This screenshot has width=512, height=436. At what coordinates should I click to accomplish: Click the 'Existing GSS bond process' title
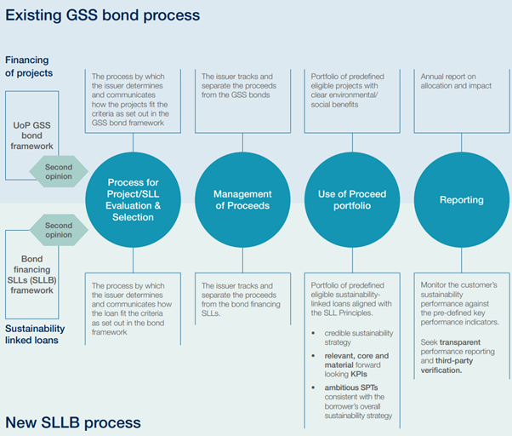102,14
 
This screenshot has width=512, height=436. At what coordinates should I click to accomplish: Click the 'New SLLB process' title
73,422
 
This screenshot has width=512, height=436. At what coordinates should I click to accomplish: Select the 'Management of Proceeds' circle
242,200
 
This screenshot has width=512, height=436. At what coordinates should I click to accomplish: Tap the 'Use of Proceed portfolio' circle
351,200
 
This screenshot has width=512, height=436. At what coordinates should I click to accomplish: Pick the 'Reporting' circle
461,200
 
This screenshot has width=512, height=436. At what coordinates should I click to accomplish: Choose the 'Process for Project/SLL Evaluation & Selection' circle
132,200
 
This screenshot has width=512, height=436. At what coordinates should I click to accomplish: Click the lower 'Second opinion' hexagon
59,230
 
